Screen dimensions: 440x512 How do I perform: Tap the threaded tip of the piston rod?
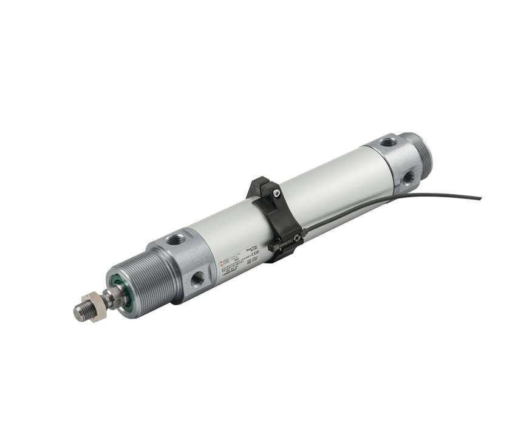point(79,311)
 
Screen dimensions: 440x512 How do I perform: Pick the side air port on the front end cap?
point(197,278)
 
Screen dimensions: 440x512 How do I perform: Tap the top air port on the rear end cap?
point(386,143)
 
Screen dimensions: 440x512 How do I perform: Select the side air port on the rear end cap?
point(408,178)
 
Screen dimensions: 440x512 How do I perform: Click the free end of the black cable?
point(479,197)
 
